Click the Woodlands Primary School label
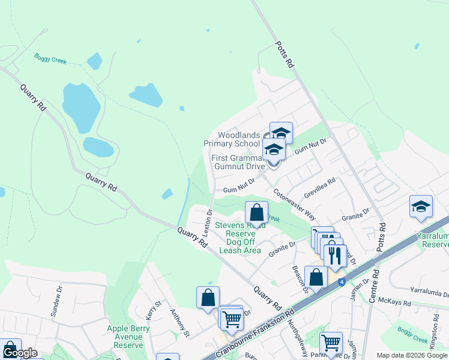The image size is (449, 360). [x=232, y=139]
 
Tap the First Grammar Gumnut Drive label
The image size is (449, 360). [x=238, y=162]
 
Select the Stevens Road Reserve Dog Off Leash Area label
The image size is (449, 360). [x=240, y=238]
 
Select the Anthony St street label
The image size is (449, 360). [x=180, y=322]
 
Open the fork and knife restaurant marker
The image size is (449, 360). [x=335, y=256]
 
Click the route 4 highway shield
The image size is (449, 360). [x=342, y=281]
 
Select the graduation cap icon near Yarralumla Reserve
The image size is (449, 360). [x=421, y=207]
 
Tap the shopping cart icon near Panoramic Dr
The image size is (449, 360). [x=331, y=344]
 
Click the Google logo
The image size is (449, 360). [x=20, y=353]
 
